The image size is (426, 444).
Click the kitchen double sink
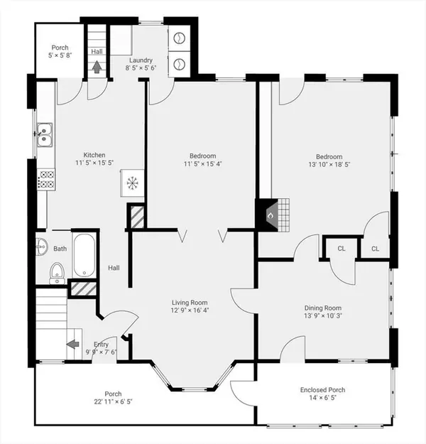(x=45, y=135)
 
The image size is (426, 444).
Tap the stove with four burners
(x=46, y=179)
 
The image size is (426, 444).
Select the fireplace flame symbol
(x=271, y=216)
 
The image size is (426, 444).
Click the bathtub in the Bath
(x=84, y=256)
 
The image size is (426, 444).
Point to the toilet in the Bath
(x=58, y=274)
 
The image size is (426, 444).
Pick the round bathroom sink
(x=41, y=247)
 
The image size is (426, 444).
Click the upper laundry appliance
(x=179, y=38)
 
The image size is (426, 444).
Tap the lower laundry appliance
(x=179, y=64)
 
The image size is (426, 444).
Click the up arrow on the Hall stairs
(x=97, y=67)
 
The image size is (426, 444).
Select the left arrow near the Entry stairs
(x=72, y=345)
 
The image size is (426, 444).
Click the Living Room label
(x=190, y=303)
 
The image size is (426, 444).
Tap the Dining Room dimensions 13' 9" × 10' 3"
(x=323, y=315)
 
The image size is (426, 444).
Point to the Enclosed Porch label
(x=322, y=390)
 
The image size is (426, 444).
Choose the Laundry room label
(x=141, y=60)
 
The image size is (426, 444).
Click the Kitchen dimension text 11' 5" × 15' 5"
(x=94, y=163)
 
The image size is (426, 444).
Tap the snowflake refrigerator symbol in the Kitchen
(x=132, y=183)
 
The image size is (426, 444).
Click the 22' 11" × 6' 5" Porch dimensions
(x=113, y=401)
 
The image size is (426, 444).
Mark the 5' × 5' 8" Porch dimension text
(x=60, y=55)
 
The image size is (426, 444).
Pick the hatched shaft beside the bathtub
(x=84, y=289)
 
